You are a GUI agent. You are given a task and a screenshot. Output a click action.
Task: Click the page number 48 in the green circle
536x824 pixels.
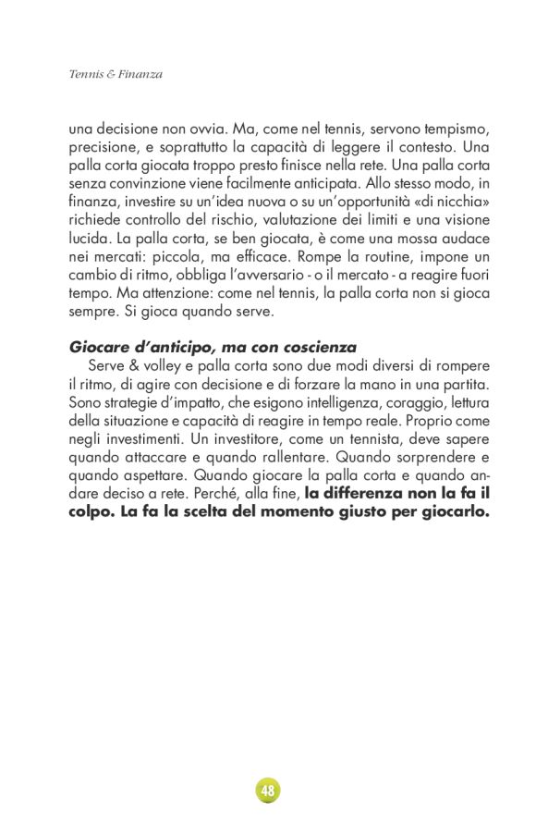coord(268,791)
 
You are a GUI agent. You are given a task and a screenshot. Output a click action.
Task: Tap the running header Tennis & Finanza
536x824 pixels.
coord(116,74)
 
